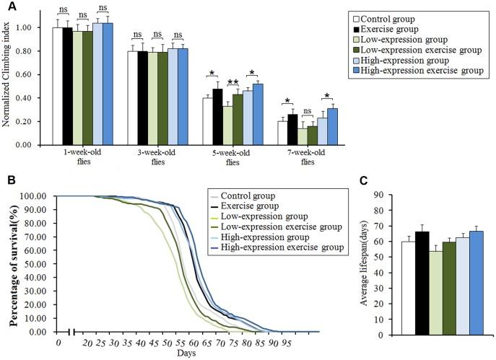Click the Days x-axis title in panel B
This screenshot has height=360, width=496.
pos(187,354)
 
